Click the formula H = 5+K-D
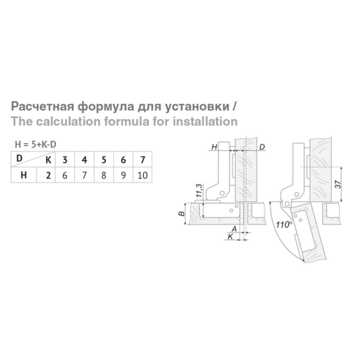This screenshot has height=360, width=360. (36, 144)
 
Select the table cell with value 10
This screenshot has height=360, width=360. (142, 175)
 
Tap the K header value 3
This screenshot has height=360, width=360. (65, 160)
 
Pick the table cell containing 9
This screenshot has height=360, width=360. (123, 175)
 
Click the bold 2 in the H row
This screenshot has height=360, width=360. (48, 175)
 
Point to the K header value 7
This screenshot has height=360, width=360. (143, 160)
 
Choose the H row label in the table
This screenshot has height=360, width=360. (24, 175)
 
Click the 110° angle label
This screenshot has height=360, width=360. (284, 225)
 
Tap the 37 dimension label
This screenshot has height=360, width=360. (338, 184)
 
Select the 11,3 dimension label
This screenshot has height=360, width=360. (199, 190)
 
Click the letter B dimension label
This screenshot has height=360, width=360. (181, 214)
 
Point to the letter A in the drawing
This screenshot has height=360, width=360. (234, 229)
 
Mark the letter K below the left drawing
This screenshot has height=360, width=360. (230, 237)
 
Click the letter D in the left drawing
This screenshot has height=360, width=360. (262, 147)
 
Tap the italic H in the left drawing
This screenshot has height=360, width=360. (214, 147)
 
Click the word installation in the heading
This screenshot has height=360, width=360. (205, 121)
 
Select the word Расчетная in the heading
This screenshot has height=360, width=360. (43, 107)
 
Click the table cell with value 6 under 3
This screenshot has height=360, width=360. (65, 175)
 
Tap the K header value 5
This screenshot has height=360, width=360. (104, 160)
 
